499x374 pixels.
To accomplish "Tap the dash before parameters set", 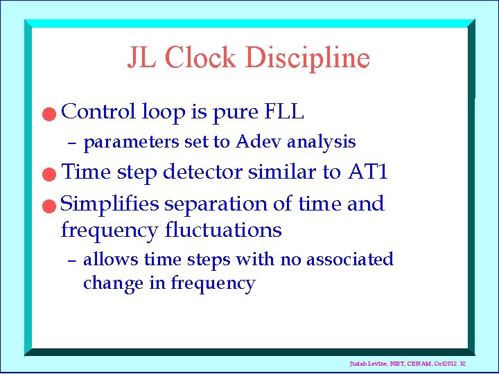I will point(71,143).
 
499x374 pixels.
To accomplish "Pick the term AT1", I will point(367,172).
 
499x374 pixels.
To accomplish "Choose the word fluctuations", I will point(223,229).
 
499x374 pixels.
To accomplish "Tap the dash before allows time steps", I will point(71,261).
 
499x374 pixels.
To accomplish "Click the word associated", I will point(349,260).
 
